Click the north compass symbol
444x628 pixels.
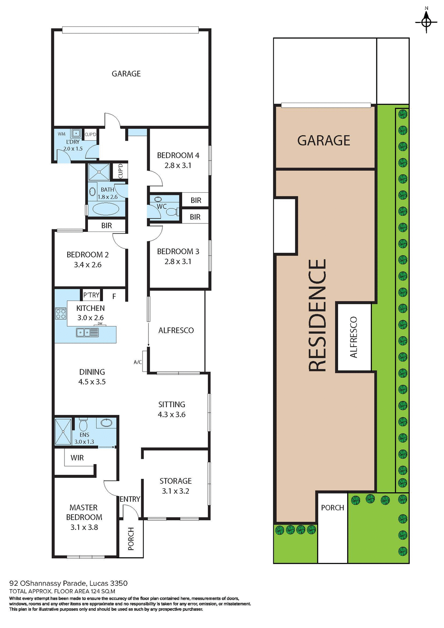(x=426, y=22)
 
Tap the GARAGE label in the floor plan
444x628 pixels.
(x=126, y=74)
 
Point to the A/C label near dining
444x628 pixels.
(x=138, y=362)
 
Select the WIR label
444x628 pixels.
(x=77, y=458)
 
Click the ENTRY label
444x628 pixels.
(x=130, y=499)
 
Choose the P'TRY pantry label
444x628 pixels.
(x=91, y=295)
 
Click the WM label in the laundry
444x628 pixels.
(x=61, y=134)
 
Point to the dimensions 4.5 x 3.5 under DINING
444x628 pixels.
(x=92, y=382)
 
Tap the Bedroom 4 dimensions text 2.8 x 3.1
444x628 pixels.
(x=178, y=166)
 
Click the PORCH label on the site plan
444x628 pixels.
(x=333, y=508)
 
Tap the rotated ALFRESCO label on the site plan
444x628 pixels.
(x=353, y=337)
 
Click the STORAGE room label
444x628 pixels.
(x=176, y=481)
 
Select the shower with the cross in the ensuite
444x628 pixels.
(x=63, y=431)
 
